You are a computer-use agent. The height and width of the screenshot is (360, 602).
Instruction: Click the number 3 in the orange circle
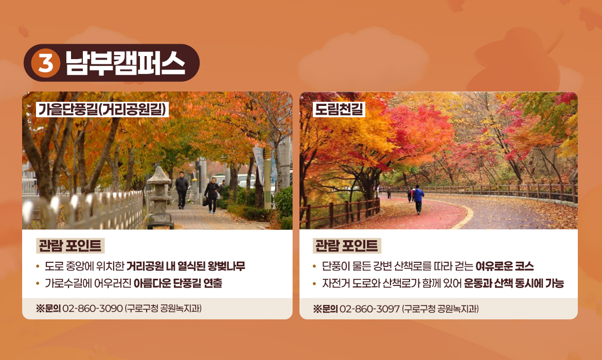pyautogui.click(x=46, y=63)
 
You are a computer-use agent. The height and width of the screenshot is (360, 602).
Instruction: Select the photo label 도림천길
pyautogui.click(x=339, y=109)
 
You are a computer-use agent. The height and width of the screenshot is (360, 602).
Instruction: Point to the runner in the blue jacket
pyautogui.click(x=418, y=198)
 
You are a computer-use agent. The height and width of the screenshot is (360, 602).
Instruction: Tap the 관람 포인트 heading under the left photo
pyautogui.click(x=70, y=246)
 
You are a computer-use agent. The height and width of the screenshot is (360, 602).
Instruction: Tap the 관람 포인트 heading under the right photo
pyautogui.click(x=347, y=246)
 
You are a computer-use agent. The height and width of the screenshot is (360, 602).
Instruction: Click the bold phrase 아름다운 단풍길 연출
pyautogui.click(x=178, y=283)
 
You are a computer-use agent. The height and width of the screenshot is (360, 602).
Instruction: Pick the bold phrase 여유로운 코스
pyautogui.click(x=504, y=266)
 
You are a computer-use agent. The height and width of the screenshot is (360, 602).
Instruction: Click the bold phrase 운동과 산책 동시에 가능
pyautogui.click(x=514, y=283)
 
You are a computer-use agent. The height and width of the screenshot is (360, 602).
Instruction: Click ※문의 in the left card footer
pyautogui.click(x=48, y=309)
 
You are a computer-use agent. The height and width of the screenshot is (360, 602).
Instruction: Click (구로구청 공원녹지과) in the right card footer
pyautogui.click(x=440, y=309)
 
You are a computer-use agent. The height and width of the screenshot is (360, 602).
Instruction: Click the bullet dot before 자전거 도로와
pyautogui.click(x=315, y=283)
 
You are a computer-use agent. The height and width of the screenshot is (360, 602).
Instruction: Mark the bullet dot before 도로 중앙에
pyautogui.click(x=38, y=266)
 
